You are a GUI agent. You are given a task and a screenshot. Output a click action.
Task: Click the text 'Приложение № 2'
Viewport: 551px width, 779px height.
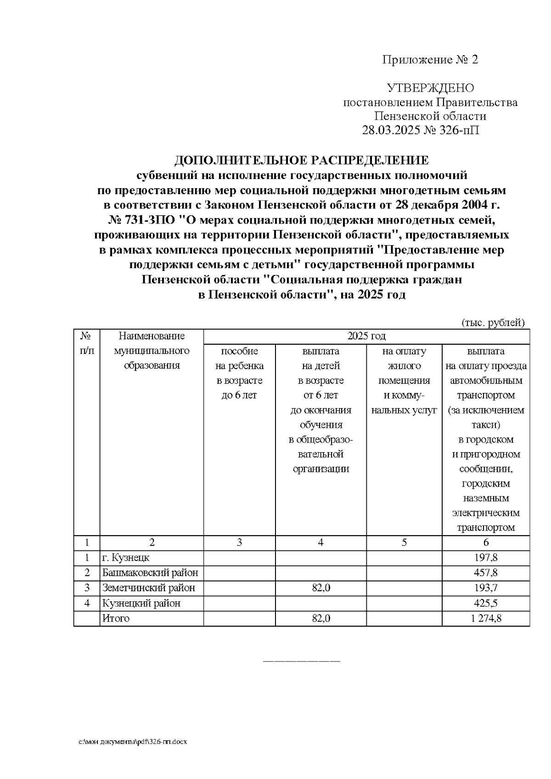click(430, 60)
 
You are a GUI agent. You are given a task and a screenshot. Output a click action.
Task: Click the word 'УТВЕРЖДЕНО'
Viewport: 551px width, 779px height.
click(430, 88)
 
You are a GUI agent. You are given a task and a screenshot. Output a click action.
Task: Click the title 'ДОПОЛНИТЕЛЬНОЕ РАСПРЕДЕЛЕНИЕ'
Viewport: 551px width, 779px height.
click(301, 160)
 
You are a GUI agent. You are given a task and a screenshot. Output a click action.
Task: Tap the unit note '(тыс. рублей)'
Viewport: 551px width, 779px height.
click(493, 323)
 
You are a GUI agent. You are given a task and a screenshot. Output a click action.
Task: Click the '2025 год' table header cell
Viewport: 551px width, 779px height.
click(366, 336)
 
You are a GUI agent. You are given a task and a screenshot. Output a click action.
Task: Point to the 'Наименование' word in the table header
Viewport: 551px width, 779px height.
click(152, 336)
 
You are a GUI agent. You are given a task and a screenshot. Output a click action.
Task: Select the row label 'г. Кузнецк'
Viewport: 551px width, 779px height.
click(126, 558)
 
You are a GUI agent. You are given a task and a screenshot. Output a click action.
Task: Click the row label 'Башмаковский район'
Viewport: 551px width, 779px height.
click(150, 573)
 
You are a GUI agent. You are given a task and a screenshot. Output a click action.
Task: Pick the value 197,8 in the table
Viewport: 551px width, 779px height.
click(486, 558)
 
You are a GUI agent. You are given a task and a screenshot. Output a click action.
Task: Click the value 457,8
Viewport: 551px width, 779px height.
click(486, 573)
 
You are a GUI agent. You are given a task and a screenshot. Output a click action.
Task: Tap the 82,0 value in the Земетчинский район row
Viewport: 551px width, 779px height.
click(320, 588)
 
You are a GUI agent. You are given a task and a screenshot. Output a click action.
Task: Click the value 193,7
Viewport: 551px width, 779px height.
click(486, 588)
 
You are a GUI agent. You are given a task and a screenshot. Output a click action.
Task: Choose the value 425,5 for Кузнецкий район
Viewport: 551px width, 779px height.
click(486, 603)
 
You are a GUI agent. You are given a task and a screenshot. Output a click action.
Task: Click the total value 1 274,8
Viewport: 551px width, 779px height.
click(486, 618)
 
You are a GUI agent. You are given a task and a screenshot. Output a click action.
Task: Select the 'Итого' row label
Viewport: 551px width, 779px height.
click(116, 618)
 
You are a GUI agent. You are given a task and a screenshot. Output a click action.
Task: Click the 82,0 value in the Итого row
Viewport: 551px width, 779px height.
click(320, 618)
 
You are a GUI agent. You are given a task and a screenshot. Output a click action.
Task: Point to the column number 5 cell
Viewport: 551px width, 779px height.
click(404, 542)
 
